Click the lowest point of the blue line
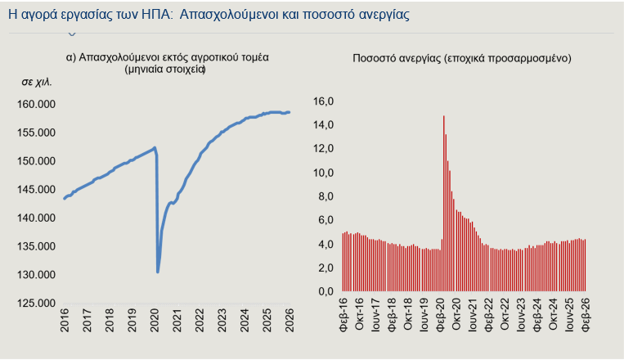tap(158, 272)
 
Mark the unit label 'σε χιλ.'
tap(37, 83)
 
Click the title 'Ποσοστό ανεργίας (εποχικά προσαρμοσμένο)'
tap(462, 58)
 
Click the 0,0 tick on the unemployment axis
tap(325, 291)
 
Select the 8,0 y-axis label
tap(325, 196)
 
